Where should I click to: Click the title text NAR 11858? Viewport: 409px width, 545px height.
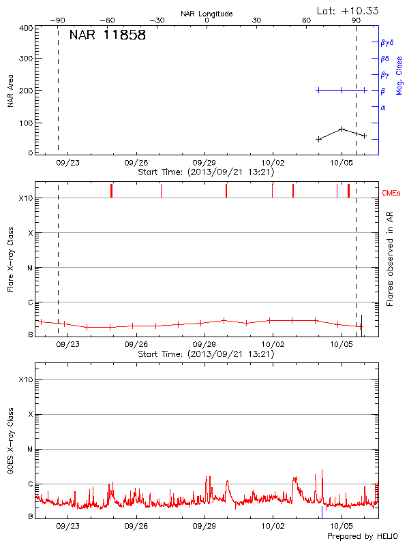coord(107,35)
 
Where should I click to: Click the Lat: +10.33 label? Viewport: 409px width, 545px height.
coord(348,10)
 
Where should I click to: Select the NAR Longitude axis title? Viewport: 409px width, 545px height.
coord(207,14)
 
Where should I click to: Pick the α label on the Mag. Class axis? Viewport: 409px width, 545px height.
coord(383,107)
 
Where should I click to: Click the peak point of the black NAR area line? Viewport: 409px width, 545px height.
coord(342,128)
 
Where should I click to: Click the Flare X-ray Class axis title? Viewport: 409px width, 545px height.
coord(10,258)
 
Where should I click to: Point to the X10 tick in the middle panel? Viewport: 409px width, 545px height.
coord(25,198)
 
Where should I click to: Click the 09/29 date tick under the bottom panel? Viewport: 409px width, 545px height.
coord(204,526)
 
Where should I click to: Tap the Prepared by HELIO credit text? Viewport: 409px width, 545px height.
coord(361,536)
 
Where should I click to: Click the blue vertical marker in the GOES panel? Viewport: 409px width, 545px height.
coord(322,512)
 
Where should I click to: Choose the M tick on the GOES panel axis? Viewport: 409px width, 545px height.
coord(30,450)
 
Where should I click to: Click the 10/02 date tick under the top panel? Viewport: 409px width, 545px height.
coord(273,163)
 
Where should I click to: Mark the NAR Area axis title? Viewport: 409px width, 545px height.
coord(10,91)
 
